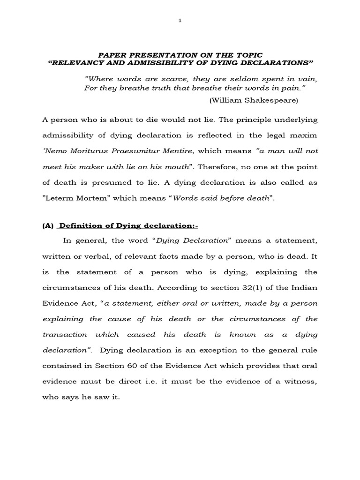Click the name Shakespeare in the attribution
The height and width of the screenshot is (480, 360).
click(269, 100)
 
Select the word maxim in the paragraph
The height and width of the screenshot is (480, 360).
click(305, 135)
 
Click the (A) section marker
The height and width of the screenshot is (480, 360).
click(48, 226)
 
